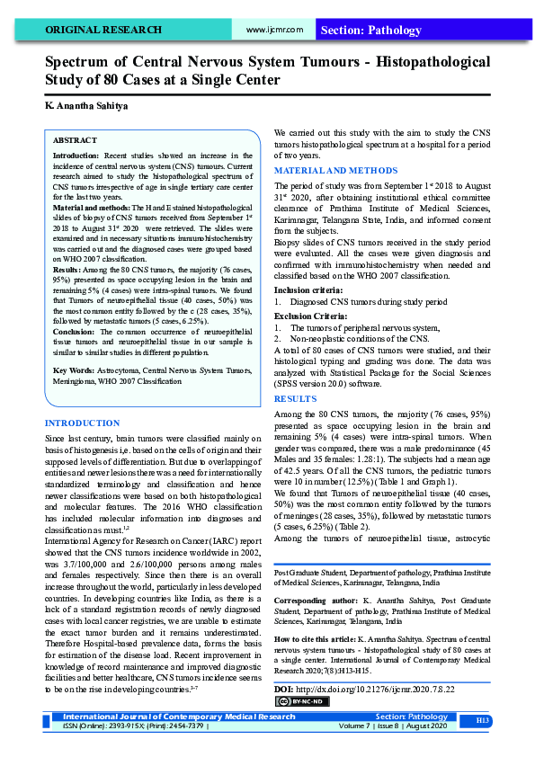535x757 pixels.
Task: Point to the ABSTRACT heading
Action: click(x=75, y=141)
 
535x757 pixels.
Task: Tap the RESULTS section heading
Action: click(x=295, y=397)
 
